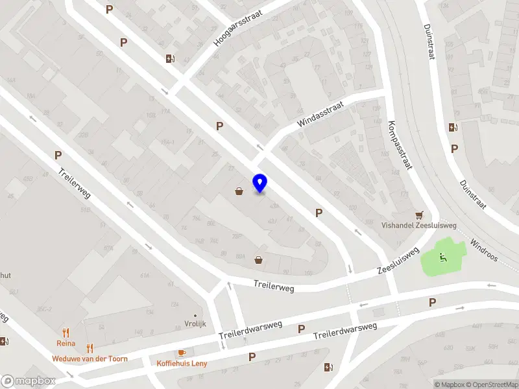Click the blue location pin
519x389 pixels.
259,183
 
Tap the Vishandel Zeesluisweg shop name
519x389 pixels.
419,226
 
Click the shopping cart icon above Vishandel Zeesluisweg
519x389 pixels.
420,215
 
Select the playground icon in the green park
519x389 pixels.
444,257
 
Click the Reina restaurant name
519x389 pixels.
66,344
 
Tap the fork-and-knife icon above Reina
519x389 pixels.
66,333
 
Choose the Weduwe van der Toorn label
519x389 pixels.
90,359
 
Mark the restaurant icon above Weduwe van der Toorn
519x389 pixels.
90,348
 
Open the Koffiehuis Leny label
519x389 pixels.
182,363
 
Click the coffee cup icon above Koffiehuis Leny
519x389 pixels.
182,353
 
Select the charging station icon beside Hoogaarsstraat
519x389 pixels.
170,59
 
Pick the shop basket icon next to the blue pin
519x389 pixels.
239,191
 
